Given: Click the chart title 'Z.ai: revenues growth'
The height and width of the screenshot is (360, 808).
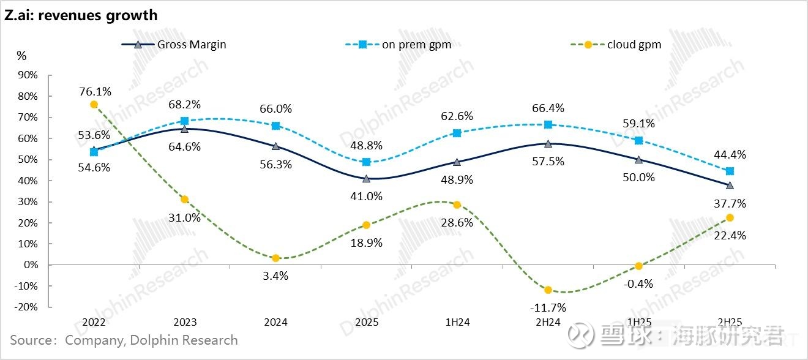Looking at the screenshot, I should (x=81, y=15).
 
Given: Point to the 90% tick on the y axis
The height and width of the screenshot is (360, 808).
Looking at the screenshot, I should (x=28, y=75).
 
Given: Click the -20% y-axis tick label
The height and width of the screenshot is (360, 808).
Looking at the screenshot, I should (x=27, y=307).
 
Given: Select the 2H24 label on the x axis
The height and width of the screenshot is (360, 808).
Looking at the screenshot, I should (x=547, y=322).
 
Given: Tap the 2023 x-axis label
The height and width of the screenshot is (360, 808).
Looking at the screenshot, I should (x=184, y=322).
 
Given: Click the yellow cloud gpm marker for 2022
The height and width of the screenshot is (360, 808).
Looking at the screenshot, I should (x=94, y=105).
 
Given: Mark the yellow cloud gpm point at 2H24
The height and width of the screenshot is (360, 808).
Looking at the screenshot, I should (x=548, y=290).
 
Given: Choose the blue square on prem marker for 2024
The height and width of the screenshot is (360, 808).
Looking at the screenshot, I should (x=275, y=126).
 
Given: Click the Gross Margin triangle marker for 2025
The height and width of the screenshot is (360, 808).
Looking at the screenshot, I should (x=366, y=179).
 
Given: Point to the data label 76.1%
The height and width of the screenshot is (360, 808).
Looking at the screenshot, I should (x=95, y=91).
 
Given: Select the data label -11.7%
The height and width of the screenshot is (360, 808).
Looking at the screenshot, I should (x=548, y=307).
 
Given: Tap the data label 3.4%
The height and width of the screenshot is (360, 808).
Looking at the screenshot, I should (x=275, y=276).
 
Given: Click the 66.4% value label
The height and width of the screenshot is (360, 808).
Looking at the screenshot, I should (x=548, y=108).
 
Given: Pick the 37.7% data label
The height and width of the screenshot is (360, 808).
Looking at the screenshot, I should (x=730, y=203).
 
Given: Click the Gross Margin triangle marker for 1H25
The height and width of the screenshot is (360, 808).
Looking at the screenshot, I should (x=638, y=159).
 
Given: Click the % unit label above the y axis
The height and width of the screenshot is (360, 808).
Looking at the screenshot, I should (x=21, y=56).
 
